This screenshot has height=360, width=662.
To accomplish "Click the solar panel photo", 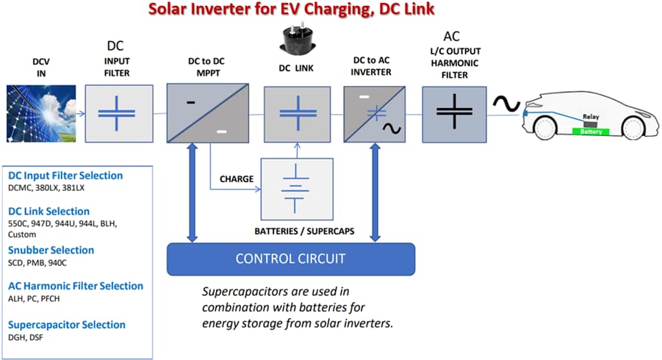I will point(40,114).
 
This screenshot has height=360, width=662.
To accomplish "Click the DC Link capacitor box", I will point(296,114).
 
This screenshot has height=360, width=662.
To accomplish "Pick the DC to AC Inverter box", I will point(375,113).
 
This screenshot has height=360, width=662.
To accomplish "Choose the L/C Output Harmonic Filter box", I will point(455,113).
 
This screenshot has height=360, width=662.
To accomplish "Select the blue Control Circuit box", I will point(291,259).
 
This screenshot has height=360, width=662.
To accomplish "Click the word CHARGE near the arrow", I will point(237,179).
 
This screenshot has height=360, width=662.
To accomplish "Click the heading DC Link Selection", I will point(48,212).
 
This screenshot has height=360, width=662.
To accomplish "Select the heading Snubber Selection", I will point(51,250).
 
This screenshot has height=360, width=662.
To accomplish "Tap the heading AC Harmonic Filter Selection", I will point(76,286).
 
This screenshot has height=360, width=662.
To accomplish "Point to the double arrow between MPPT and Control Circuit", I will point(193,192).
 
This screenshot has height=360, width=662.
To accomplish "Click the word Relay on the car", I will point(591,117).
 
